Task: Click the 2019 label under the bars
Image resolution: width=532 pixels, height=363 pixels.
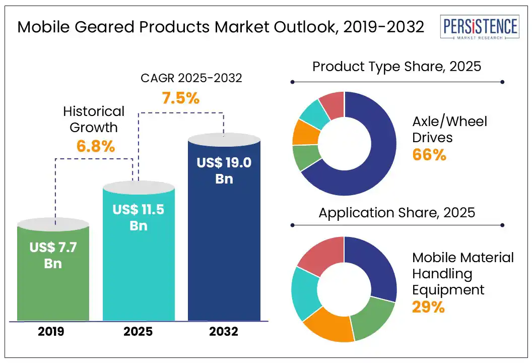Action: (53, 332)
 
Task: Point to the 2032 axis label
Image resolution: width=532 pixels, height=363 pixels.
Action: (224, 332)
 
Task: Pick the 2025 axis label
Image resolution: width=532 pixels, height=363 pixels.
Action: (139, 332)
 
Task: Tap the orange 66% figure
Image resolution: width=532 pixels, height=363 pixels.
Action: (429, 155)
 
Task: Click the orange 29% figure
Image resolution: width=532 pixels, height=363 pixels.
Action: (428, 307)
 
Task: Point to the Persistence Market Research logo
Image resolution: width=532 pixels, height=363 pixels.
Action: (479, 28)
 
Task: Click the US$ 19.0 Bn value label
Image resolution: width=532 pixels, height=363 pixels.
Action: (224, 170)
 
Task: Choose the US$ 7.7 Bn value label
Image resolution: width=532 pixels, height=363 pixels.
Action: (53, 255)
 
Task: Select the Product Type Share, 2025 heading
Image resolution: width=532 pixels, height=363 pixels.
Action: (396, 67)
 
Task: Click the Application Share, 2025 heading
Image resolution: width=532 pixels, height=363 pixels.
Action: (396, 212)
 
